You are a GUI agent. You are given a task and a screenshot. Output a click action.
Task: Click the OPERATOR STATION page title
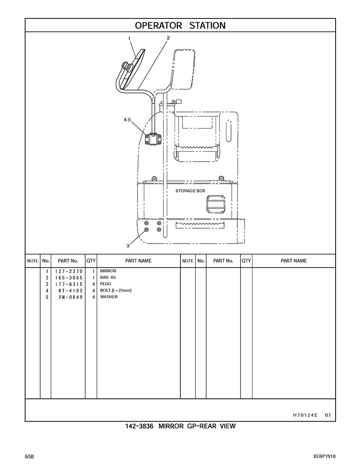(180, 25)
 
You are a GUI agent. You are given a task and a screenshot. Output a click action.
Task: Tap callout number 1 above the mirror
(129, 39)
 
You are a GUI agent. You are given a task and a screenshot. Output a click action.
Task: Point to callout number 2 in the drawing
(168, 38)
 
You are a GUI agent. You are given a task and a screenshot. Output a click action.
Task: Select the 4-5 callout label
(127, 121)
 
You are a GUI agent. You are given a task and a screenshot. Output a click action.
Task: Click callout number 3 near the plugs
(128, 246)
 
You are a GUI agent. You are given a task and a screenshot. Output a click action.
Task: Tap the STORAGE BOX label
(190, 191)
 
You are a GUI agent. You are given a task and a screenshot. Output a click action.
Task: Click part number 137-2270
(68, 271)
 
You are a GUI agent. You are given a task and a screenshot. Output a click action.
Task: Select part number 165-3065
(68, 278)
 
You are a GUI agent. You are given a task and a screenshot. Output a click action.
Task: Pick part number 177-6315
(68, 284)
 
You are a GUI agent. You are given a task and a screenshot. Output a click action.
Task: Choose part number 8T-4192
(70, 291)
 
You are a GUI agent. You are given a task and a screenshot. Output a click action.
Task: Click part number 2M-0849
(70, 297)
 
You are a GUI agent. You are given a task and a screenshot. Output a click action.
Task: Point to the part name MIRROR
(108, 271)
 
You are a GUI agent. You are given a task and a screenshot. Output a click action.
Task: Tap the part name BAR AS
(108, 278)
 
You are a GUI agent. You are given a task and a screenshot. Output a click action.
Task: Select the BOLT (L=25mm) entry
(116, 291)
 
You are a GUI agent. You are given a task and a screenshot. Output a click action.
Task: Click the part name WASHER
(109, 297)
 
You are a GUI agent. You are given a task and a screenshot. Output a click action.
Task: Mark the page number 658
(30, 456)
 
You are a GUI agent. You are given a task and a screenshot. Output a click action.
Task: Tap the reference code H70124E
(305, 415)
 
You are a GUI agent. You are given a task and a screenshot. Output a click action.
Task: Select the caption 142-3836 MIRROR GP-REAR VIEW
(180, 426)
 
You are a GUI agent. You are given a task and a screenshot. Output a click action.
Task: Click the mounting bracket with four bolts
(153, 139)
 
